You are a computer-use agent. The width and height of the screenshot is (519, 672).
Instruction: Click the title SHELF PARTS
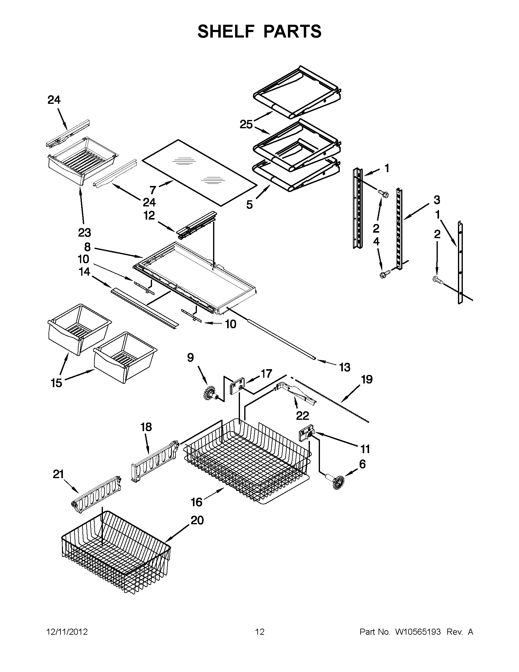click(x=259, y=31)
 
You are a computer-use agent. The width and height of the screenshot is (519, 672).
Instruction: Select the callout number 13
click(x=345, y=367)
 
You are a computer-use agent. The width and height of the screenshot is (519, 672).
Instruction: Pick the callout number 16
click(x=197, y=502)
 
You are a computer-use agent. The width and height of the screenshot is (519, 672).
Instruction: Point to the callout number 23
click(x=84, y=233)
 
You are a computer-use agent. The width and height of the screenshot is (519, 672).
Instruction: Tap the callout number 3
click(x=437, y=200)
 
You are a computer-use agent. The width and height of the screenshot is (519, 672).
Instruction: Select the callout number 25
click(x=246, y=125)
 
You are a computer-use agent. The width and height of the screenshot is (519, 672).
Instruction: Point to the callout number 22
click(x=302, y=416)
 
